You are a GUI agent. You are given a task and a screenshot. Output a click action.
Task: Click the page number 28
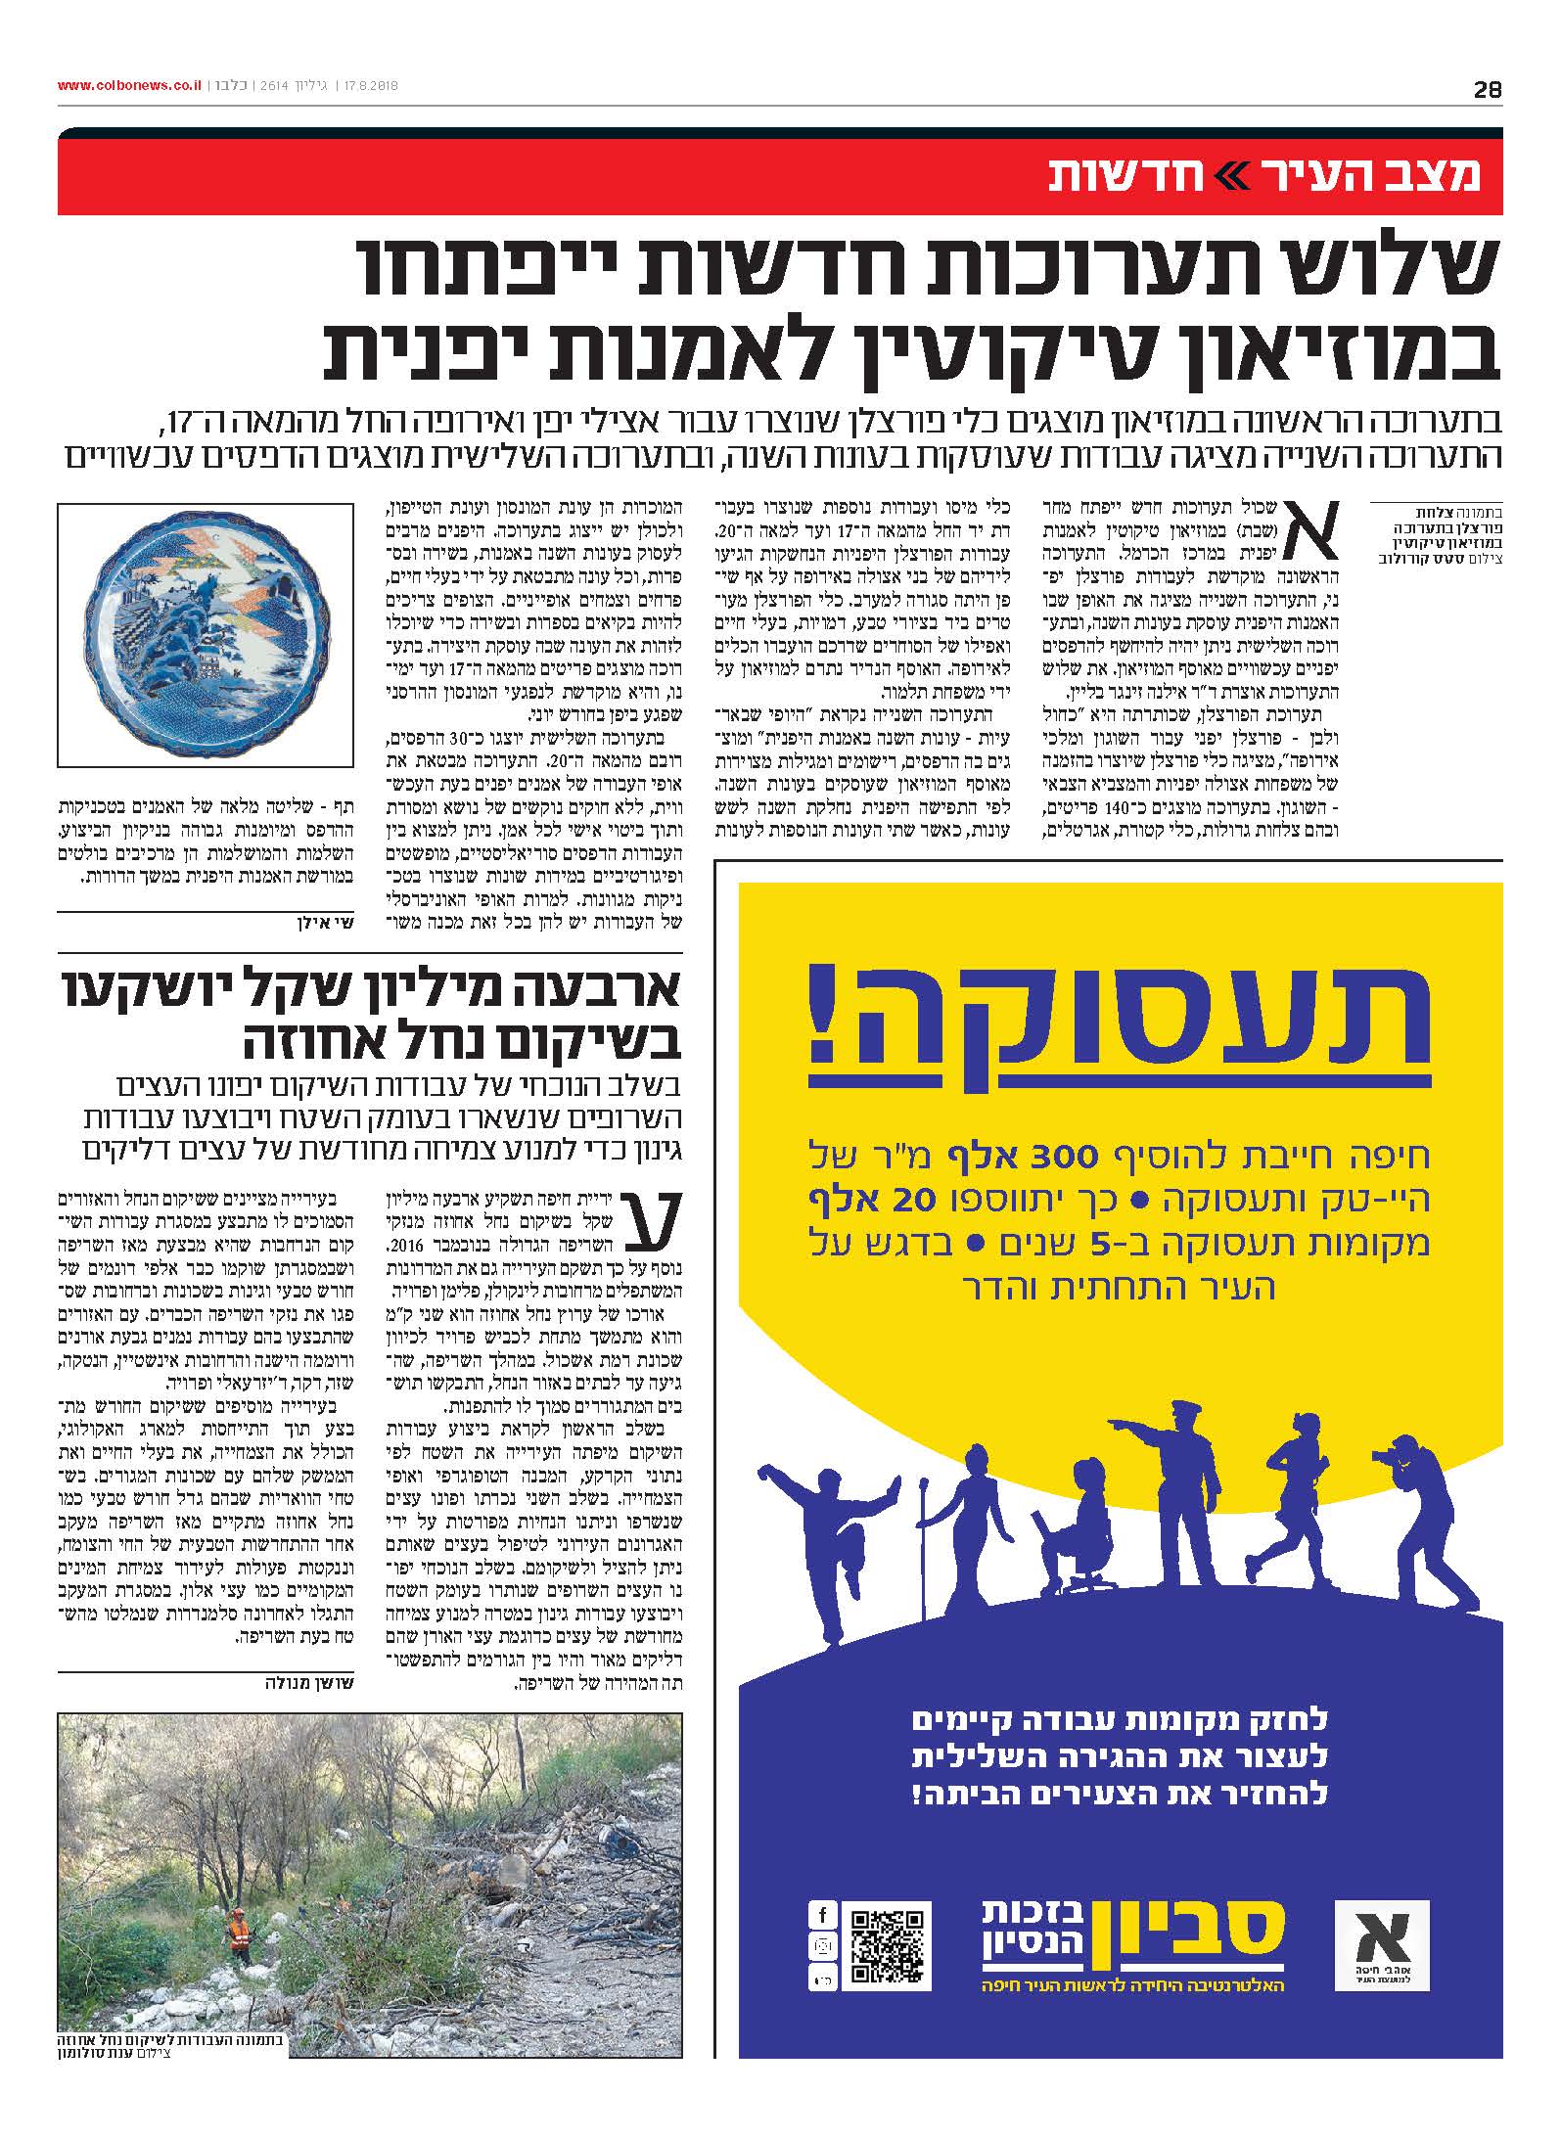point(1487,90)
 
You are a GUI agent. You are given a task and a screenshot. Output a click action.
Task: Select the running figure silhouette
point(1293,1507)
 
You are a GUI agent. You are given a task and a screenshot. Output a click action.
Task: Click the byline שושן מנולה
point(308,1683)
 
